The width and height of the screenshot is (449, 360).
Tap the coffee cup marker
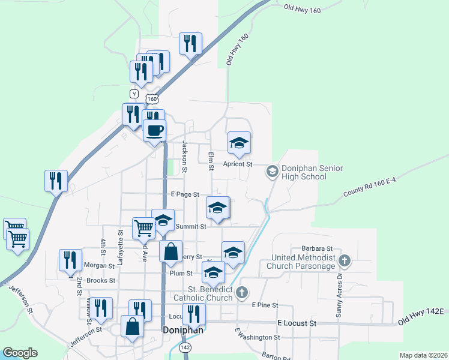coord(154,131)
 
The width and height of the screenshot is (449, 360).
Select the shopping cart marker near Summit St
coord(143,228)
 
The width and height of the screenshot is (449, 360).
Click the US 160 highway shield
coord(152,98)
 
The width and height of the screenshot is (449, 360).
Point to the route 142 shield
coord(186,348)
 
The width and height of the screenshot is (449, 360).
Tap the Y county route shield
coord(134,94)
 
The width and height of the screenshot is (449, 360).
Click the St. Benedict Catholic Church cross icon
coord(241,292)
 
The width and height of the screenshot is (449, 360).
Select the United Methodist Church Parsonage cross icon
coord(344,260)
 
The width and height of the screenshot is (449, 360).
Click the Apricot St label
coord(239,164)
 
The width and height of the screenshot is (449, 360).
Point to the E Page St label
coord(184,194)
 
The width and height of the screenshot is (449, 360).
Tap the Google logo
coord(20,353)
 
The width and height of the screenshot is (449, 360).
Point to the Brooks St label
coord(100,280)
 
